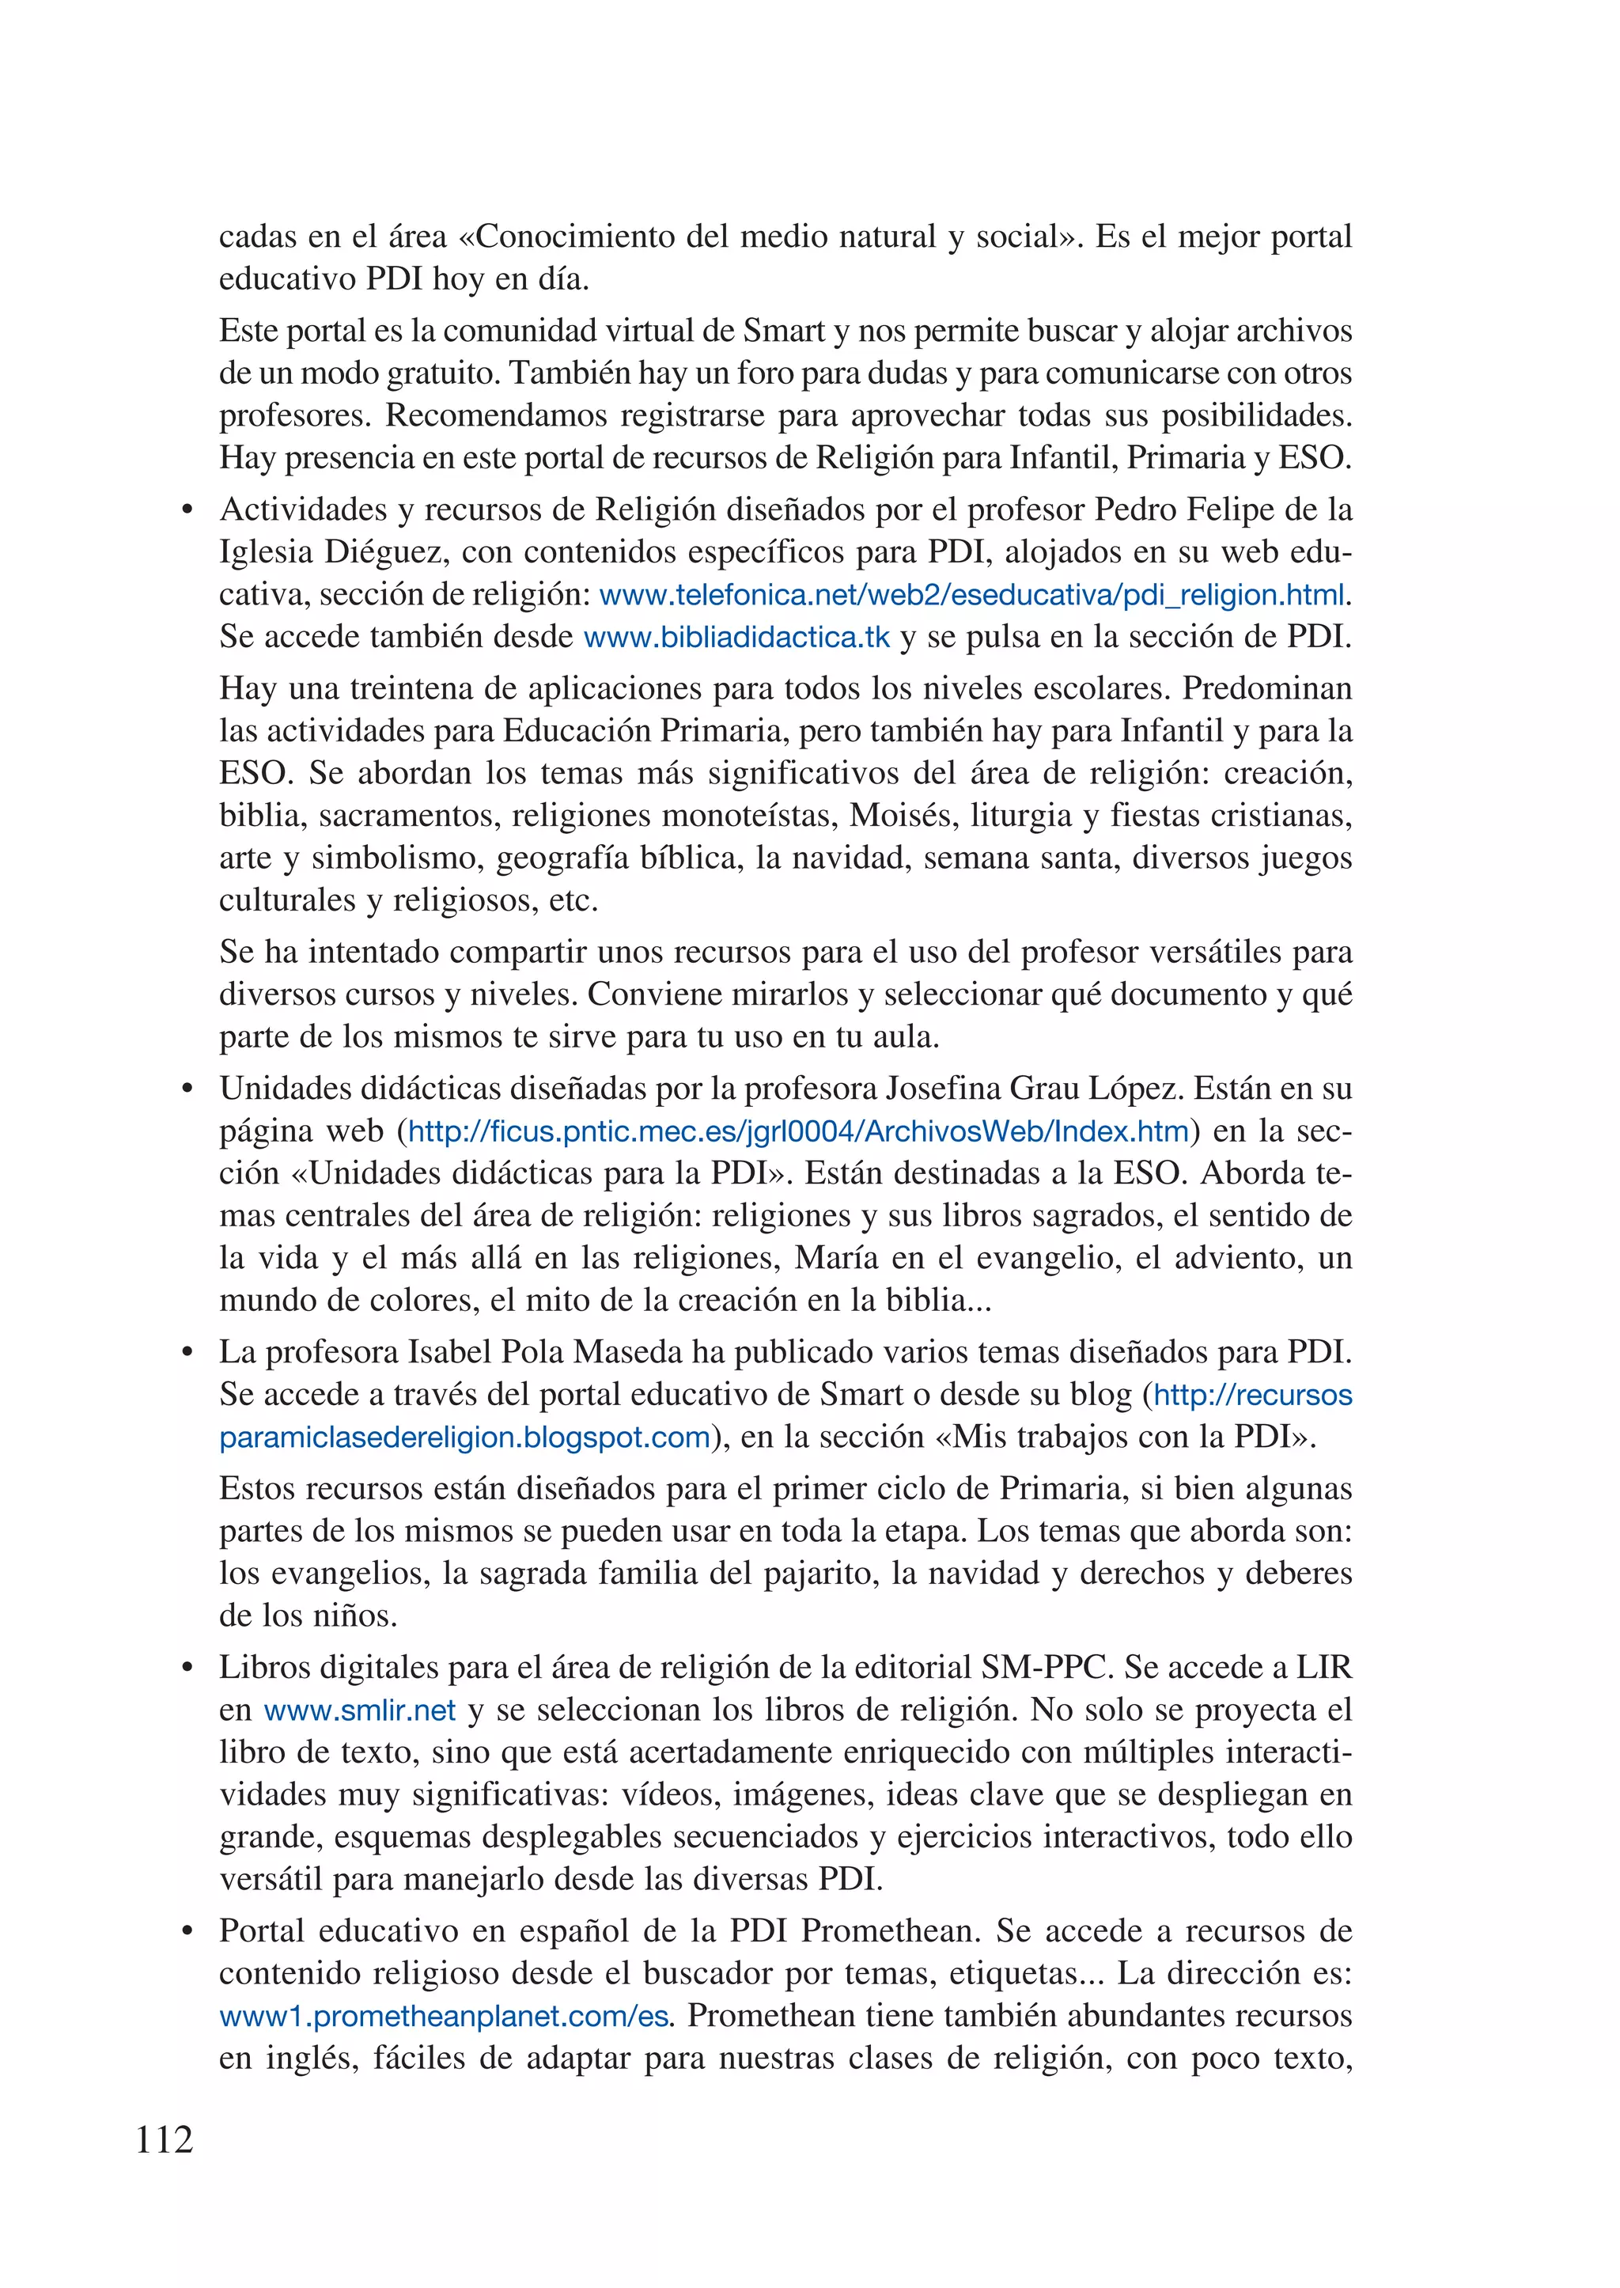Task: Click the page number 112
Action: (x=165, y=2139)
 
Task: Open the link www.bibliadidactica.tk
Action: (x=736, y=638)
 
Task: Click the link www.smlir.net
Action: (x=359, y=1710)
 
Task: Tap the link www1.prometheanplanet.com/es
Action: (x=444, y=2017)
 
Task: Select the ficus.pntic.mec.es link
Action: (x=798, y=1131)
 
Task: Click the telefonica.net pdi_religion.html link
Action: (x=973, y=596)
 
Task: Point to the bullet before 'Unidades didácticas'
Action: (x=186, y=1089)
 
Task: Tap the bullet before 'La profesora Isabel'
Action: (x=186, y=1353)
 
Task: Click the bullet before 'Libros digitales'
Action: (x=186, y=1669)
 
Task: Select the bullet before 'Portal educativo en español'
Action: (x=186, y=1932)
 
